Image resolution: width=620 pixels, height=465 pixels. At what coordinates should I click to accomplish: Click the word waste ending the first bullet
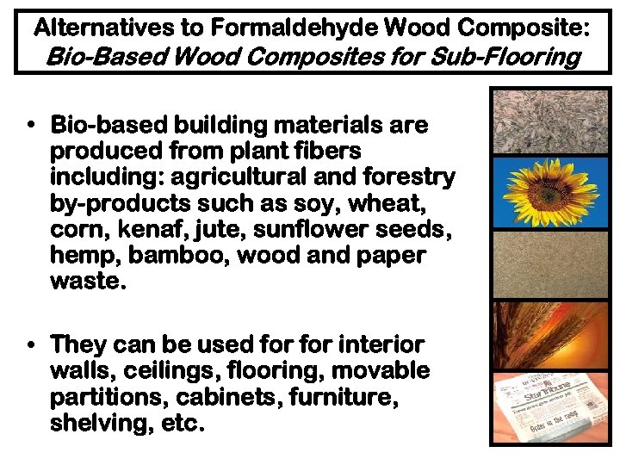(x=88, y=281)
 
